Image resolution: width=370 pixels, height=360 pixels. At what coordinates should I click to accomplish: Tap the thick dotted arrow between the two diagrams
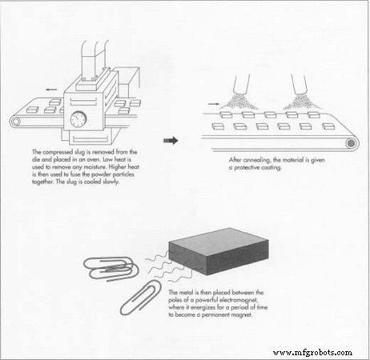click(170, 140)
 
